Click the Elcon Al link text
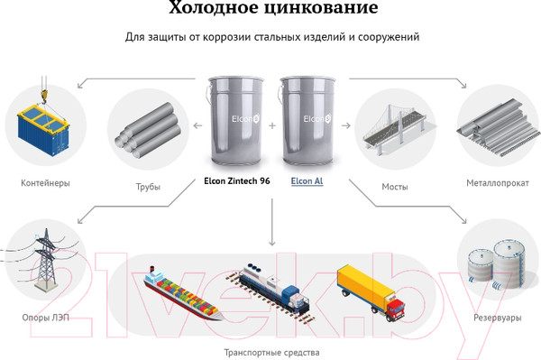(307, 181)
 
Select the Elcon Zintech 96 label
(236, 180)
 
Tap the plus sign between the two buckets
(272, 125)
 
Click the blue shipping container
(43, 131)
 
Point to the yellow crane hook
(44, 96)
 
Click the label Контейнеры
(45, 183)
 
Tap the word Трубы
(148, 187)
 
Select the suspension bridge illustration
(394, 128)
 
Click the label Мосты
(395, 187)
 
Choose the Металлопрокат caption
(498, 183)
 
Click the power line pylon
(46, 260)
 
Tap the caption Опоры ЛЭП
(46, 318)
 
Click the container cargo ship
(182, 294)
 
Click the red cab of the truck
(395, 309)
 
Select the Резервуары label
(497, 318)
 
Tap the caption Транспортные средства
(272, 353)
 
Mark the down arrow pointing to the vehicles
(272, 222)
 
